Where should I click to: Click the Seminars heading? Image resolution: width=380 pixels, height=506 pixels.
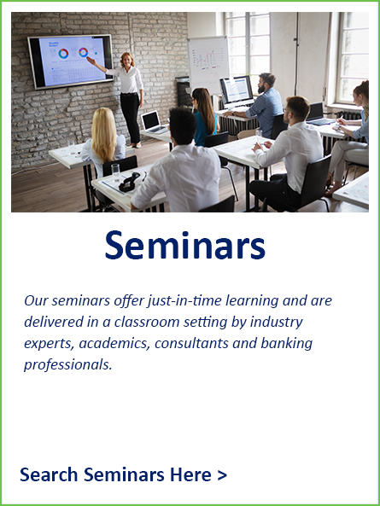tap(185, 245)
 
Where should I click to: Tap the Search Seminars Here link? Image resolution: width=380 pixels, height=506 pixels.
tap(123, 474)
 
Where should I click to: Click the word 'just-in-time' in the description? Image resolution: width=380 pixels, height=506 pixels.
tap(185, 301)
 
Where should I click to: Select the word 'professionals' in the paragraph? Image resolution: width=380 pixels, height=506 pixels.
tap(67, 365)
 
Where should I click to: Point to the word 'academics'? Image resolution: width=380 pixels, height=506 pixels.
tap(114, 344)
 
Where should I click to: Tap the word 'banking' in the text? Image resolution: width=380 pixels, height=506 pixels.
tap(287, 344)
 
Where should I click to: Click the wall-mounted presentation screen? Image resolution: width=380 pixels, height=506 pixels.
tap(70, 61)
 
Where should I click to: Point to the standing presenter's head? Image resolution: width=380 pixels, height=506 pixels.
tap(127, 60)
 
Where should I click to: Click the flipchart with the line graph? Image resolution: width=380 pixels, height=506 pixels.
tap(208, 62)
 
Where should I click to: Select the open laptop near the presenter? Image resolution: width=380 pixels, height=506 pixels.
tap(153, 122)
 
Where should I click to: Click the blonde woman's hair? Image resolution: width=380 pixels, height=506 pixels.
tap(103, 134)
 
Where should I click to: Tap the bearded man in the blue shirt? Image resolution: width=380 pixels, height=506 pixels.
tap(260, 107)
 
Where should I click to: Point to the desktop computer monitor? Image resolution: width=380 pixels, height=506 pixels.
tap(237, 91)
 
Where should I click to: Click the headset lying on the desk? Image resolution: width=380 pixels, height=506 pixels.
tap(130, 182)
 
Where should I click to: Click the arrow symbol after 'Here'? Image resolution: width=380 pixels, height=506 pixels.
tap(222, 475)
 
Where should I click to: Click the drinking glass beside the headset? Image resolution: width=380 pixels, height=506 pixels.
tap(115, 172)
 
